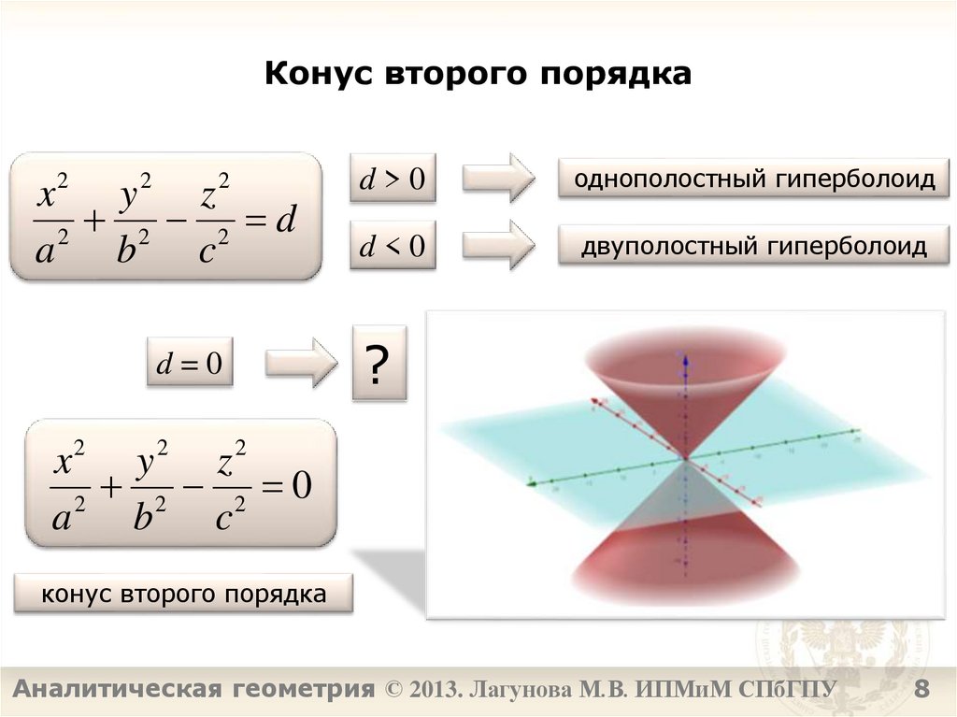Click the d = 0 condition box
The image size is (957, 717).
[189, 364]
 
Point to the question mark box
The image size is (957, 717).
[379, 364]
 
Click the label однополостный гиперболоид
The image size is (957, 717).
[753, 179]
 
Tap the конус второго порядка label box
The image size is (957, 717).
[183, 595]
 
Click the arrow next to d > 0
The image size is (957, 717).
[499, 178]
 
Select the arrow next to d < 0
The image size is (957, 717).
[499, 245]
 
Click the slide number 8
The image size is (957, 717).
[921, 691]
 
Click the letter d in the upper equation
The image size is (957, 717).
[286, 221]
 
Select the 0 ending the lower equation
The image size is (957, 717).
[300, 485]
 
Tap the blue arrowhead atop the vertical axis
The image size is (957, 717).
[686, 357]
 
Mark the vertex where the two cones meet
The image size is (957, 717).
[686, 459]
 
